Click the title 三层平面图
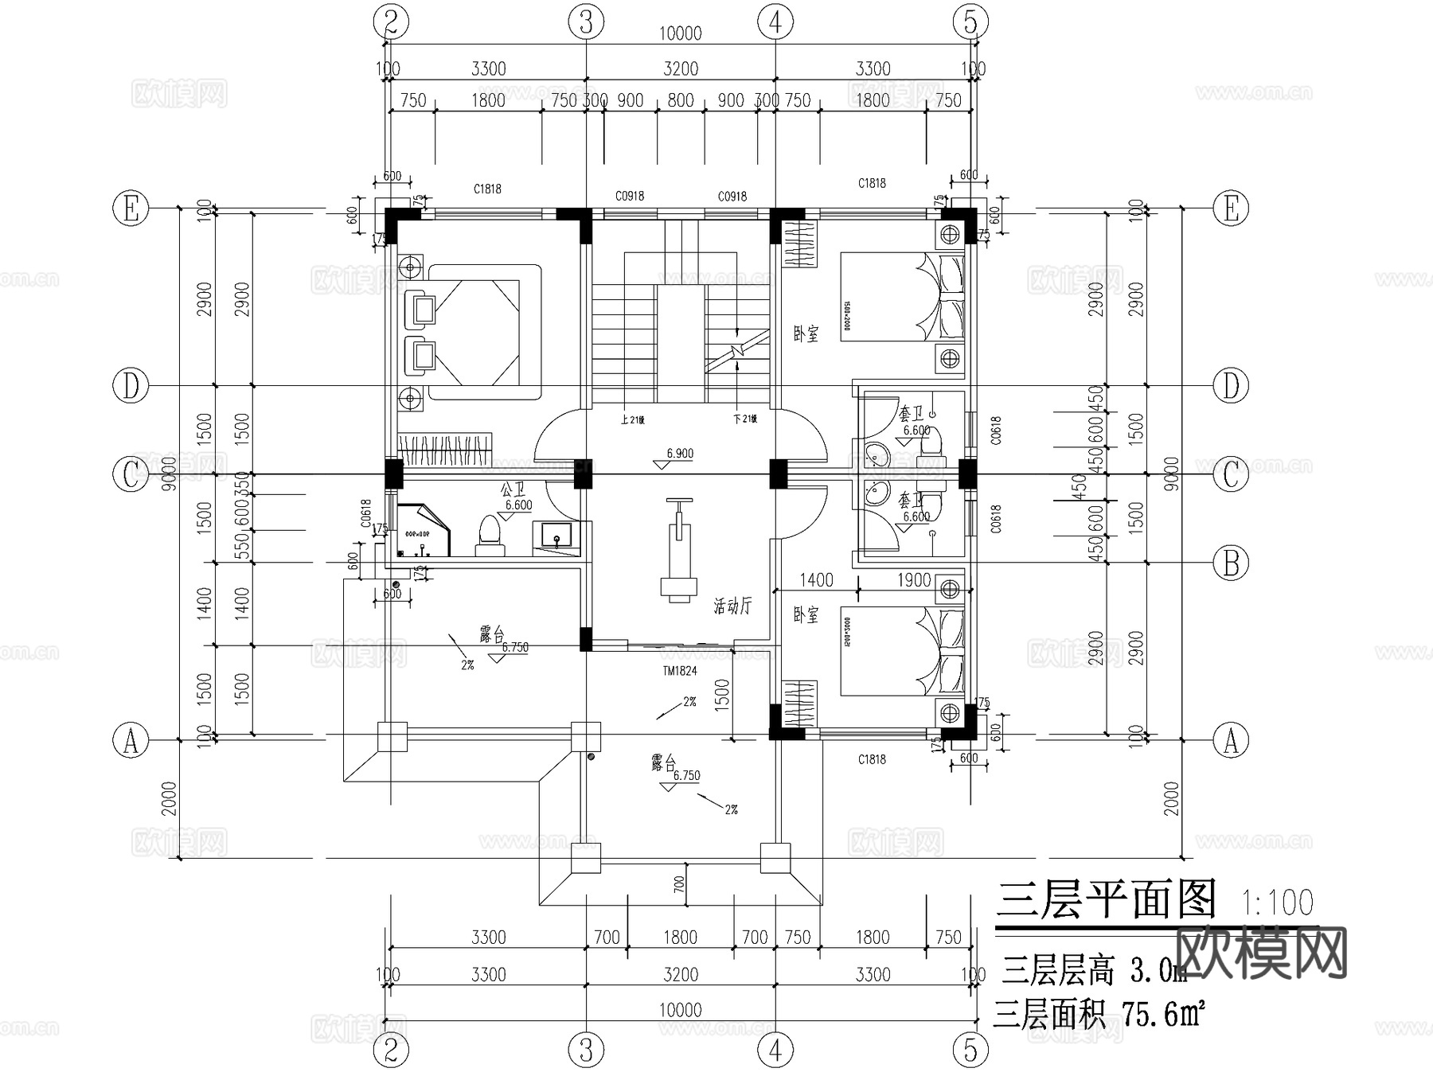1106,901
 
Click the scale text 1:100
1277,903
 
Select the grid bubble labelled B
1230,563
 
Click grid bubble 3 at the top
586,21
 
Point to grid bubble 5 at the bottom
970,1051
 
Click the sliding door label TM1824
679,671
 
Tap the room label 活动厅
732,607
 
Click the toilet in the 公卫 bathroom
489,533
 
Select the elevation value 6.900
679,454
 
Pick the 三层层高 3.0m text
1094,971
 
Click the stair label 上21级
631,419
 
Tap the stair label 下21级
744,419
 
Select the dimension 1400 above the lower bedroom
816,580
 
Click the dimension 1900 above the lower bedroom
913,580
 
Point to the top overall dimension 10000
680,33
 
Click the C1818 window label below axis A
872,759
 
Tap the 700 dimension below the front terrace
679,883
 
